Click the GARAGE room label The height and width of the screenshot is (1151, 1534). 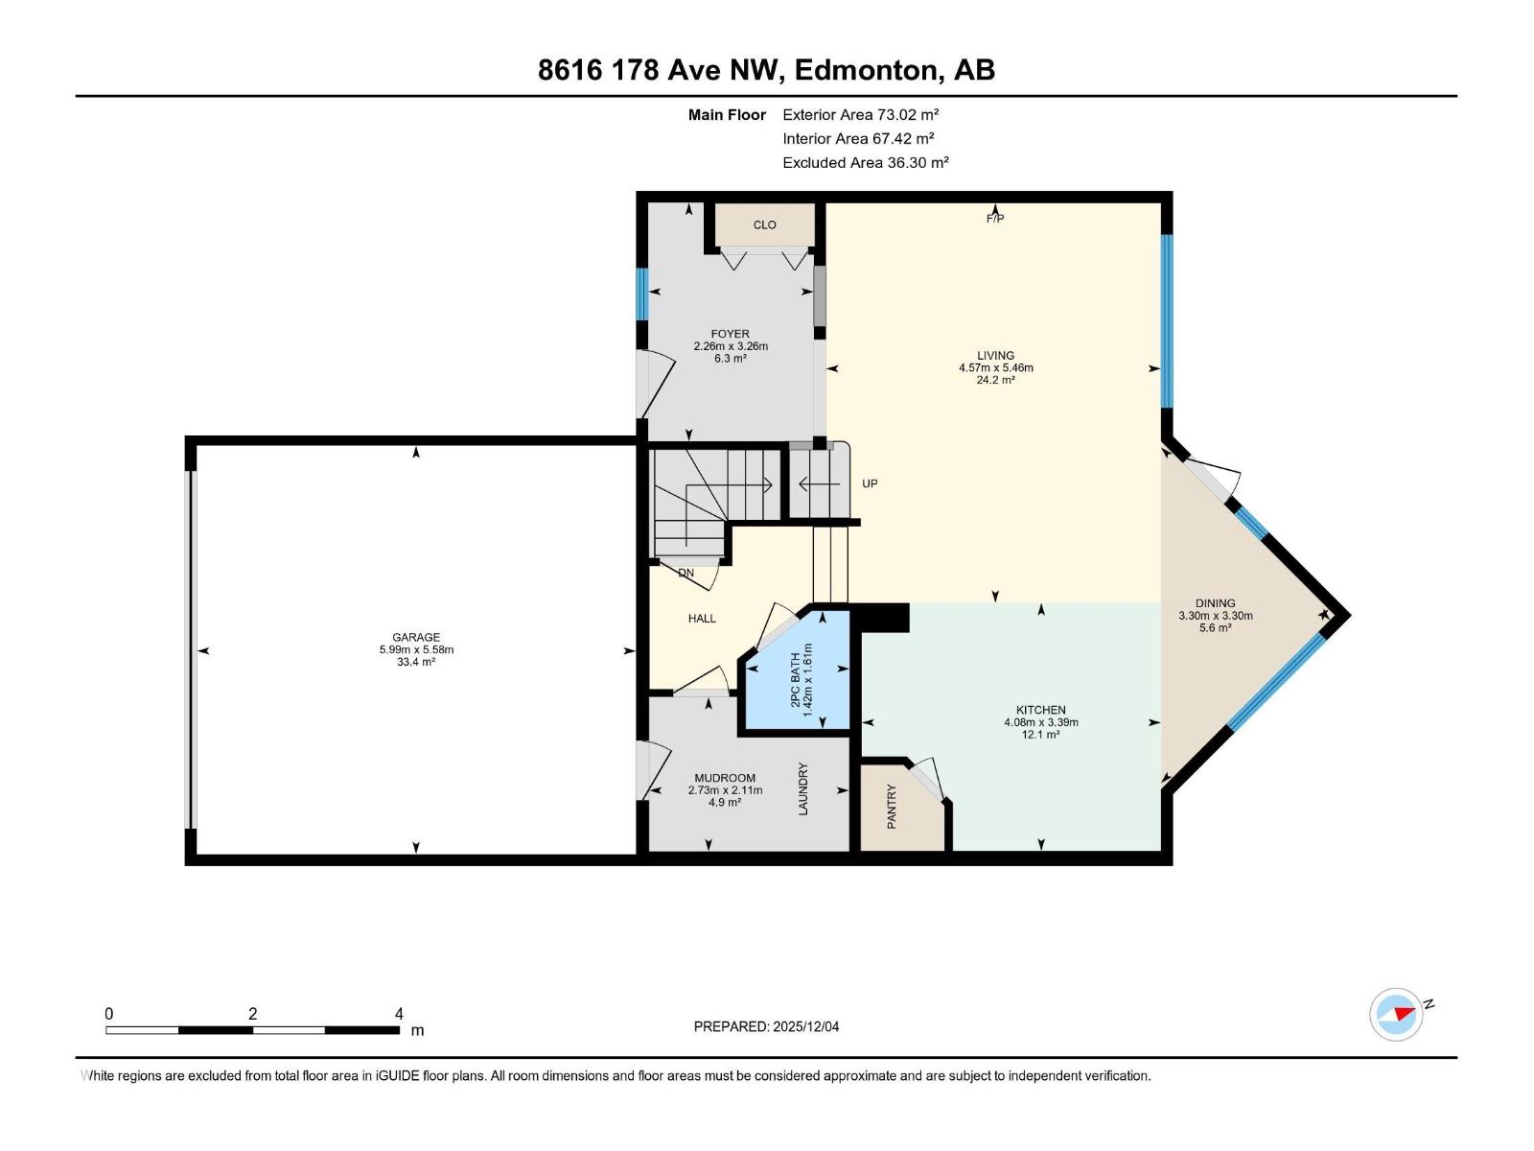tap(416, 637)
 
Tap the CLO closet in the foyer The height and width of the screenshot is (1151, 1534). tap(764, 225)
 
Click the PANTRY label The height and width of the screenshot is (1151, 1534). tap(892, 806)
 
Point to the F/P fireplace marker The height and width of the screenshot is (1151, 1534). tap(995, 219)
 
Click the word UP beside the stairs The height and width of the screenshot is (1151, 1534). tap(870, 483)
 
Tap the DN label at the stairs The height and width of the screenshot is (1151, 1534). tap(686, 573)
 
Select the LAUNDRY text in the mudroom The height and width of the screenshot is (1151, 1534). tap(803, 788)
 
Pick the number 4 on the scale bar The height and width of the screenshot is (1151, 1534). tap(399, 1014)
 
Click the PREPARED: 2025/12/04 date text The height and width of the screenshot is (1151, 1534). tap(766, 1026)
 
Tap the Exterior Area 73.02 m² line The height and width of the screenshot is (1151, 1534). tap(860, 114)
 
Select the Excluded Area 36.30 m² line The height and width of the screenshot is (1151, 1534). tap(865, 163)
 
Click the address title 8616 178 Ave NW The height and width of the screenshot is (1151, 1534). tap(766, 70)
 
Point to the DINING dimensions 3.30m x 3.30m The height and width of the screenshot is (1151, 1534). tap(1215, 616)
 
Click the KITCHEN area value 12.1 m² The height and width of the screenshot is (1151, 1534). tap(1040, 735)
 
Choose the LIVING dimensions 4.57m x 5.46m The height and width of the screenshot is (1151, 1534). tap(995, 367)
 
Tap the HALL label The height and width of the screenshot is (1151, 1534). tap(702, 619)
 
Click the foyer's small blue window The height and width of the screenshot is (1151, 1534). tap(641, 294)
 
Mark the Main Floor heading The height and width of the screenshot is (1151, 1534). tap(727, 115)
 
